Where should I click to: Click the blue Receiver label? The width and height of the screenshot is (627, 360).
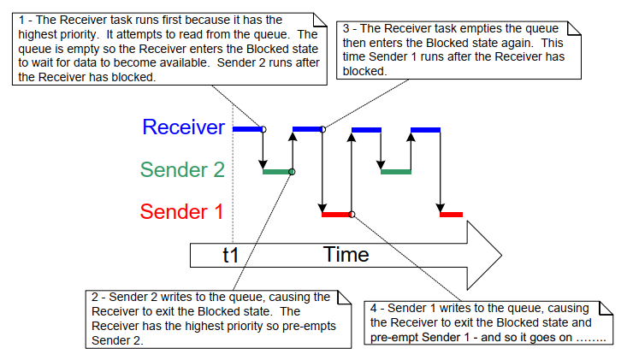183,128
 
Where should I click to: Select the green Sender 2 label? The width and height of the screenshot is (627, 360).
182,170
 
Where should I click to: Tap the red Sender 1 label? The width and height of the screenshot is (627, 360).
182,211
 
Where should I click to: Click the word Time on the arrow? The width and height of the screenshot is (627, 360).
346,254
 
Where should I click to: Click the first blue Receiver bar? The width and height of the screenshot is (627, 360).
247,129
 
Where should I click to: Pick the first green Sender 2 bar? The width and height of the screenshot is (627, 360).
277,172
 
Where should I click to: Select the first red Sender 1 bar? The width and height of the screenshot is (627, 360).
336,214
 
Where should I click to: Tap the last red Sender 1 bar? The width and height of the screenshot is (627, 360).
451,214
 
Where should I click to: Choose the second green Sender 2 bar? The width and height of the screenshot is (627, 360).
395,172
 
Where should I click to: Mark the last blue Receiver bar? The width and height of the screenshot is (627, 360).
424,129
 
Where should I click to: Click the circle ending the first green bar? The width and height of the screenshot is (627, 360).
293,172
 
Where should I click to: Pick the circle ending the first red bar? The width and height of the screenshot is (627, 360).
352,214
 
